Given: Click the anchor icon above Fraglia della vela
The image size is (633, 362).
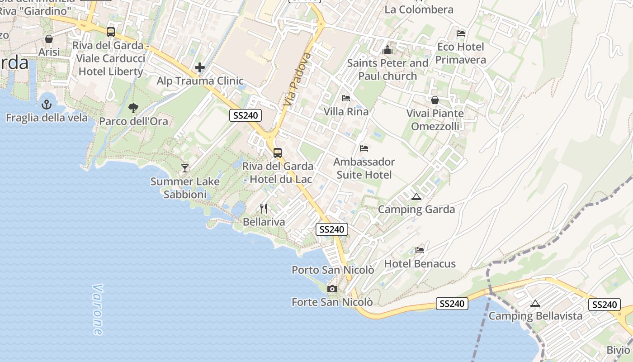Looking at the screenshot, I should pyautogui.click(x=47, y=105).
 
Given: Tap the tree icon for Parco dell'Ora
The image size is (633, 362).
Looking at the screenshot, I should pyautogui.click(x=133, y=108).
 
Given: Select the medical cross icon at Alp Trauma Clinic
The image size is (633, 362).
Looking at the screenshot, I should pyautogui.click(x=200, y=68).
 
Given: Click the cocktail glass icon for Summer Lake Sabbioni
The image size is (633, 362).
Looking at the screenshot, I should pyautogui.click(x=185, y=168).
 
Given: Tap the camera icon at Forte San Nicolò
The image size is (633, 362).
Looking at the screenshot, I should pyautogui.click(x=332, y=289).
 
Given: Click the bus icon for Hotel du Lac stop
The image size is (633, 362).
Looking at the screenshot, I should pyautogui.click(x=278, y=153).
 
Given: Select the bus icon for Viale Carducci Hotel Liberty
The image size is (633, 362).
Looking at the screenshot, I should pyautogui.click(x=111, y=32).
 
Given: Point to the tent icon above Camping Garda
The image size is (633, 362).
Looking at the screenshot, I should pyautogui.click(x=416, y=196).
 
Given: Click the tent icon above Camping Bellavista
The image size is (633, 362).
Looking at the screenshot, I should pyautogui.click(x=535, y=303).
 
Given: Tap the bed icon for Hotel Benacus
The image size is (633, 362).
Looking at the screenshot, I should pyautogui.click(x=420, y=250).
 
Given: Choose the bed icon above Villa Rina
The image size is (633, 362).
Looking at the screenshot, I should pyautogui.click(x=346, y=98).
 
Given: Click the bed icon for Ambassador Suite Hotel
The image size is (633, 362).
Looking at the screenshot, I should pyautogui.click(x=364, y=148).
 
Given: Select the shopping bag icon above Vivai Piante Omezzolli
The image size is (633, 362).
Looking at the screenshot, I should pyautogui.click(x=435, y=100).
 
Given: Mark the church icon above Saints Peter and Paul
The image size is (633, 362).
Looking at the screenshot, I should pyautogui.click(x=387, y=50).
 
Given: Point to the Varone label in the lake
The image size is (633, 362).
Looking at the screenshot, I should pyautogui.click(x=98, y=310).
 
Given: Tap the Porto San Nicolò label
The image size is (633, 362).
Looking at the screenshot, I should pyautogui.click(x=333, y=270).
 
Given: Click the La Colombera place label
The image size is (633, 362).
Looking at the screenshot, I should pyautogui.click(x=419, y=10).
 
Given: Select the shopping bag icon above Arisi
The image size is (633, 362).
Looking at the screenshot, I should pyautogui.click(x=49, y=39).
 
